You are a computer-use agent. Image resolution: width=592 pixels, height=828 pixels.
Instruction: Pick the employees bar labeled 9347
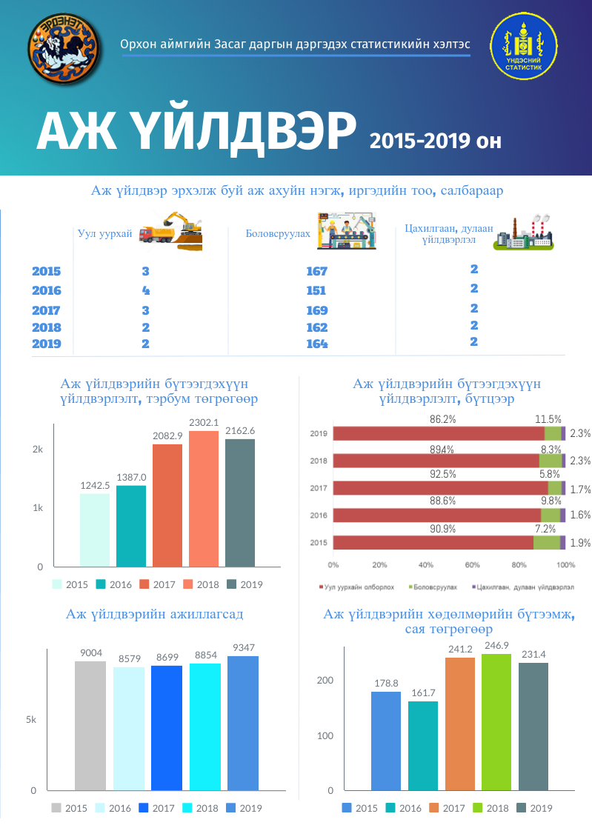tap(243, 723)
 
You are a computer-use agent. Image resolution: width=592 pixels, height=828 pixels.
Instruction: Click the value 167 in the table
tap(316, 271)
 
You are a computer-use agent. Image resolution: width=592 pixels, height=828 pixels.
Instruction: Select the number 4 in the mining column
tap(146, 290)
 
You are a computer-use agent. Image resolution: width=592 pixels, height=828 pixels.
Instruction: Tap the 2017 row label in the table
tap(46, 310)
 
